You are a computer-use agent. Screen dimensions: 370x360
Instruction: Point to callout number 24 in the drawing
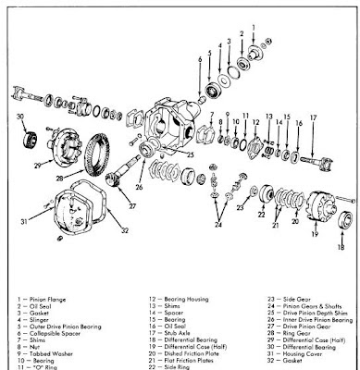(219, 225)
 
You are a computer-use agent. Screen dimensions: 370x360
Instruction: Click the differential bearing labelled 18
(344, 222)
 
